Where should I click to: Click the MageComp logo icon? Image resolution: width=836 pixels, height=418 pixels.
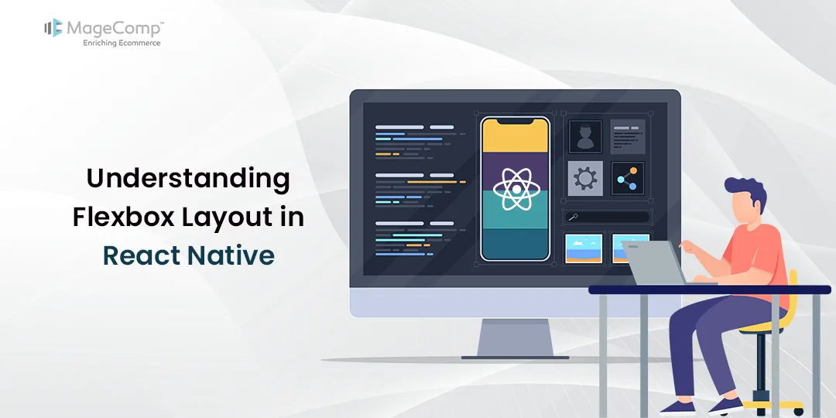pos(53,29)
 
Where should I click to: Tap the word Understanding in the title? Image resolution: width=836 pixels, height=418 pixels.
pos(187,178)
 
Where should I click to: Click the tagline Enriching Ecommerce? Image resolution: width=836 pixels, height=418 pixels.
pos(122,43)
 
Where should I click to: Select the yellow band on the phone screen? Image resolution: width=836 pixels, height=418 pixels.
pos(515,138)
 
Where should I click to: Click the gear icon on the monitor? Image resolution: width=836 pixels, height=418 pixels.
pos(584,178)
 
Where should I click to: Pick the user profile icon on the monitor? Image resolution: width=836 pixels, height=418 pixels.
pos(584,136)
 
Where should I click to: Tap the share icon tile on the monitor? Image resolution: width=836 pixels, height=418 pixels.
pos(627,178)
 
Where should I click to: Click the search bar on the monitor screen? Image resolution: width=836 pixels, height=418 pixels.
pos(607,218)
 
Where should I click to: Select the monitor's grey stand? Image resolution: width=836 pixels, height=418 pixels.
pos(515,337)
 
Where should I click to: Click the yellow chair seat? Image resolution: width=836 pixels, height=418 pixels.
pos(762,328)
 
